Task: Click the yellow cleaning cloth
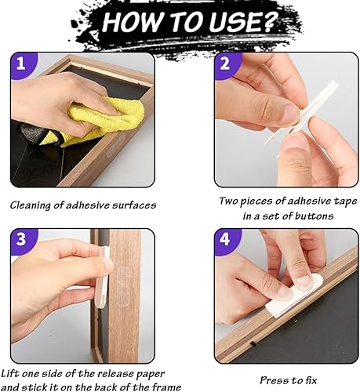tap(104, 120)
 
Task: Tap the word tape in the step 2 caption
tap(345, 201)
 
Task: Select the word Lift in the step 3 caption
tap(10, 374)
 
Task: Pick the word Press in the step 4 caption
tap(272, 380)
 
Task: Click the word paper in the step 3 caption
tap(151, 374)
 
